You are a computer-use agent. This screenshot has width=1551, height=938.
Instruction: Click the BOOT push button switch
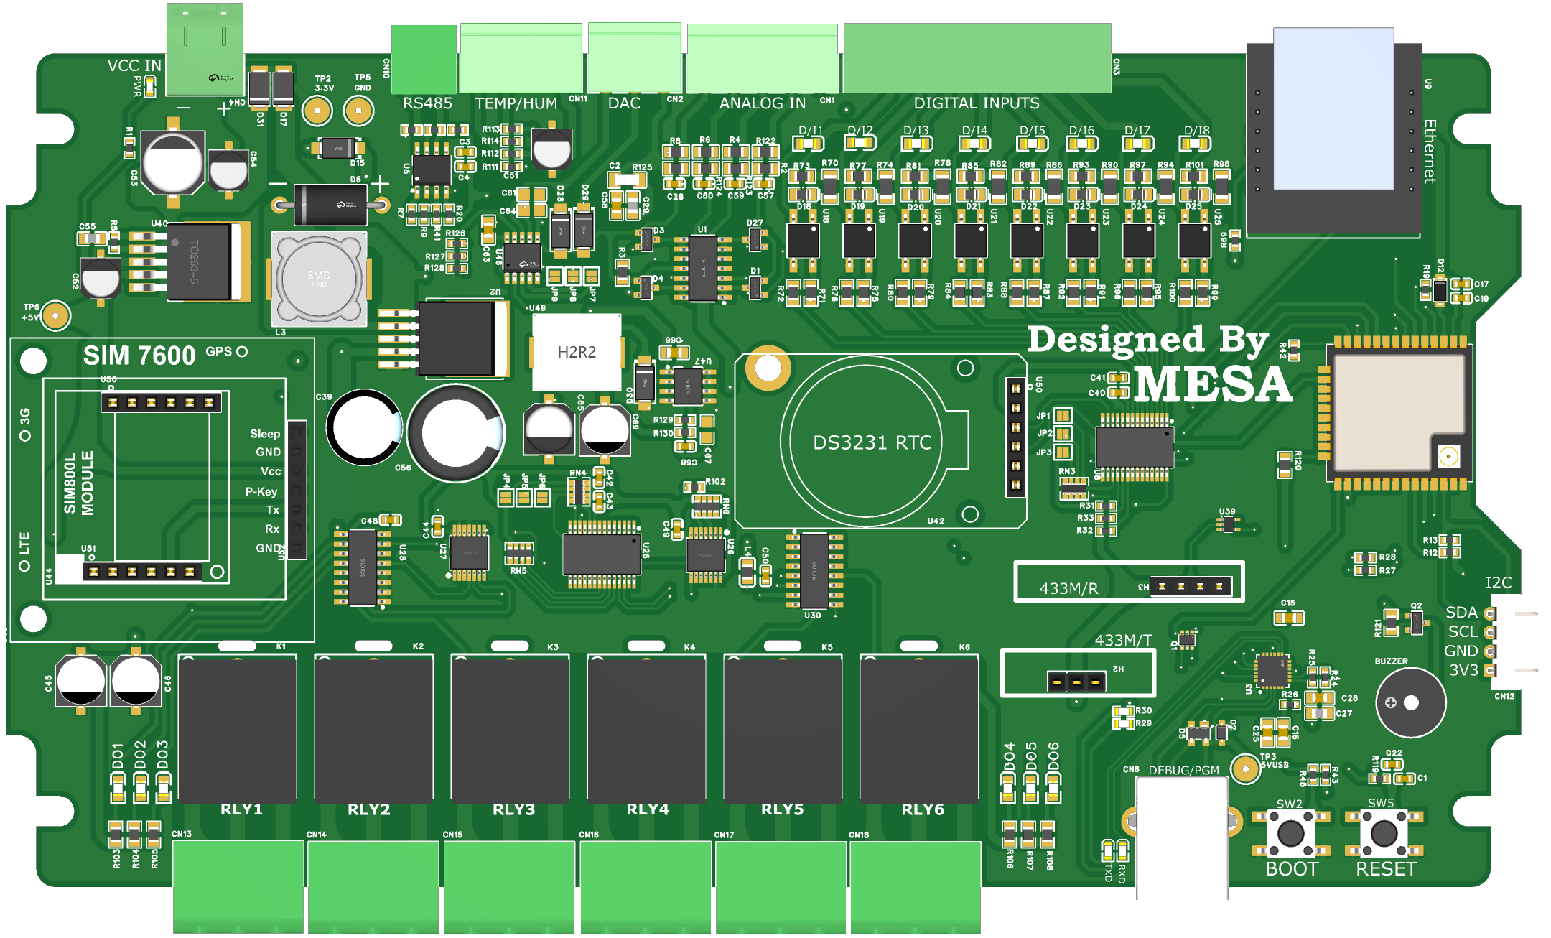click(1290, 833)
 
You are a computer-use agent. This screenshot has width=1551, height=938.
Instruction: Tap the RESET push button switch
click(1384, 833)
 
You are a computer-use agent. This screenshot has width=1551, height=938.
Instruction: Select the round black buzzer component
click(1410, 702)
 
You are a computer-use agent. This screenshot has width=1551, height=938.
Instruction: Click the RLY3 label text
click(514, 809)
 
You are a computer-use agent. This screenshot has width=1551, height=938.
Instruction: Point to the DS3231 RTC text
click(872, 442)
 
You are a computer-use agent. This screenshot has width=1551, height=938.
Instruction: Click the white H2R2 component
click(577, 351)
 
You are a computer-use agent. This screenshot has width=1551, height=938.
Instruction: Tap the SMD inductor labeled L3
click(320, 279)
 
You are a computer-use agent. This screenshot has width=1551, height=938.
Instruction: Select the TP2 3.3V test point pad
click(317, 111)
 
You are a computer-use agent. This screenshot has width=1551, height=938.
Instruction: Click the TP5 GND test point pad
click(358, 111)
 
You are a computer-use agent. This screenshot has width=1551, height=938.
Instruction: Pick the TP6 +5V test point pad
click(55, 315)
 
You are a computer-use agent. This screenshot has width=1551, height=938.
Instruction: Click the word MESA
click(1214, 384)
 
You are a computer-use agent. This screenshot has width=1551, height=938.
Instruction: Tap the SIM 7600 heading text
click(139, 356)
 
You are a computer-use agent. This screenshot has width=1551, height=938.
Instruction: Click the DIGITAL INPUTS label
click(977, 103)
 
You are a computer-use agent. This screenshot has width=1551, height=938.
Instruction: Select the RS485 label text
click(427, 103)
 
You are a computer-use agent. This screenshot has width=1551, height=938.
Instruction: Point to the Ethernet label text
click(1430, 152)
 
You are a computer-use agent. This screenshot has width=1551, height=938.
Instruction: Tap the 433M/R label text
click(1068, 589)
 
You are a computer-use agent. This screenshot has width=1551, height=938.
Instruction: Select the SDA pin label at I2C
click(1461, 613)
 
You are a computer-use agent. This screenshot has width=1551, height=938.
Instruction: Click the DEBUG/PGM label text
click(1184, 771)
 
